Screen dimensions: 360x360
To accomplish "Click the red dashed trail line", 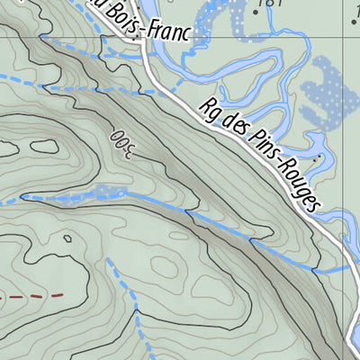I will (32, 295).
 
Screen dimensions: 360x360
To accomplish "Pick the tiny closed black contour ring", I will (67, 238).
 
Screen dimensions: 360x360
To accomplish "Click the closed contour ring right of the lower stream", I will (171, 265).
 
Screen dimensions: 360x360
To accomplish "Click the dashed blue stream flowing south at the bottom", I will (135, 324).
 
